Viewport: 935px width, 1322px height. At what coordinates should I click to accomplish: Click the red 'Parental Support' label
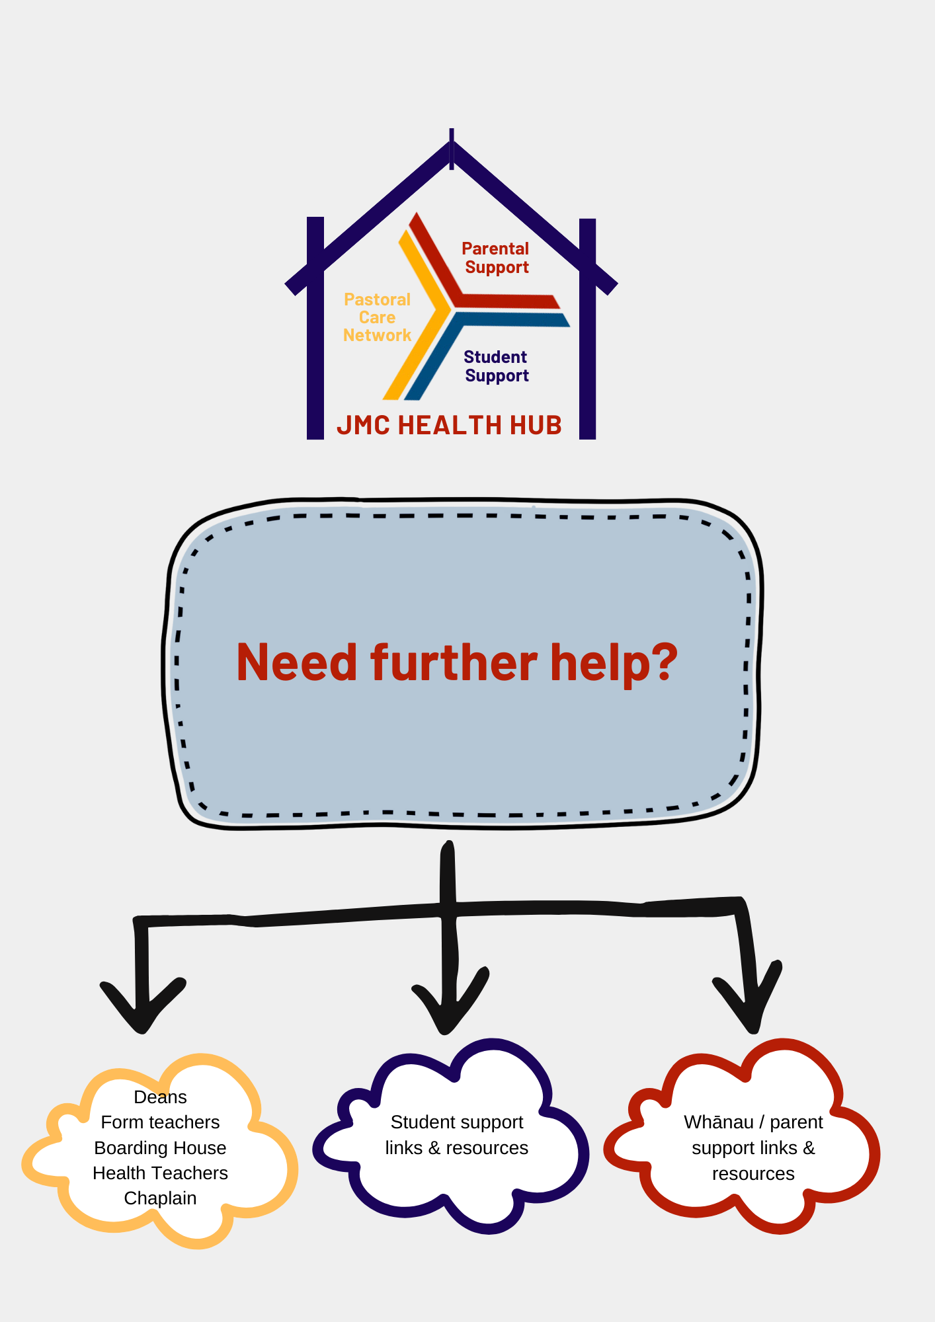point(496,258)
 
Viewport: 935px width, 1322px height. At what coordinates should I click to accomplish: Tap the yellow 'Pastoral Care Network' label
point(377,317)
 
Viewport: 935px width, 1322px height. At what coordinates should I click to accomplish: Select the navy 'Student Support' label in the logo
point(496,366)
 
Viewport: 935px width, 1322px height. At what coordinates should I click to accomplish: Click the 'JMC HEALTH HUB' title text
point(449,425)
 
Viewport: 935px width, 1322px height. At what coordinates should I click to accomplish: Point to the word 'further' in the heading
point(454,662)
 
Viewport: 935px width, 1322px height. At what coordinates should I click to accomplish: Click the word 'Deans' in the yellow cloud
point(160,1097)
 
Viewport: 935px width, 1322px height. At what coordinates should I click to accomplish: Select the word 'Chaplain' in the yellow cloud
point(160,1198)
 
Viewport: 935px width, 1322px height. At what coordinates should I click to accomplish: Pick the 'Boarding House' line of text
point(160,1147)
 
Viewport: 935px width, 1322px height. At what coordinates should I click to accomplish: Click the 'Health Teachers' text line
point(160,1173)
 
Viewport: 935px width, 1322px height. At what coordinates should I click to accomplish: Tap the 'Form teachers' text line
point(160,1122)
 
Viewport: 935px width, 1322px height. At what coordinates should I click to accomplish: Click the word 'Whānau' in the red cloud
point(719,1122)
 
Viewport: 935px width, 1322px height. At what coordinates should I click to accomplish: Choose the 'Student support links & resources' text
point(456,1135)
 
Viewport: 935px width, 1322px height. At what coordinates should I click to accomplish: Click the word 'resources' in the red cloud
point(753,1174)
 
